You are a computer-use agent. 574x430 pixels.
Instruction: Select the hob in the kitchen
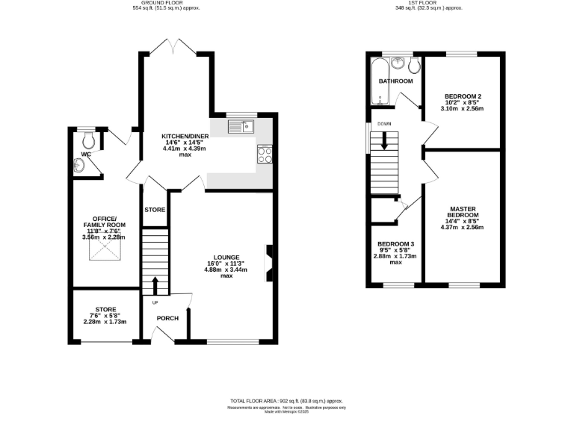click(x=265, y=154)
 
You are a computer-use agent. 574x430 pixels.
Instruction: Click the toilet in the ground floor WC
click(x=89, y=139)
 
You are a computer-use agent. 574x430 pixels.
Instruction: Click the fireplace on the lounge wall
click(x=268, y=264)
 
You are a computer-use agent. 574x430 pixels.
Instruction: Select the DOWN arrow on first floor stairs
click(x=385, y=140)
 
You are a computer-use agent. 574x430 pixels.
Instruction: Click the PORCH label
click(x=167, y=318)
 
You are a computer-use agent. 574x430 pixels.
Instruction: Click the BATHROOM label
click(x=395, y=81)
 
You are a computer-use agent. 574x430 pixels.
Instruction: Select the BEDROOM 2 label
click(x=462, y=96)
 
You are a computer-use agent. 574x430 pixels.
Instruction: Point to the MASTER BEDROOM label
click(x=463, y=213)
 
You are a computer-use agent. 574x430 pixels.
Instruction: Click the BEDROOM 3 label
click(x=395, y=244)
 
